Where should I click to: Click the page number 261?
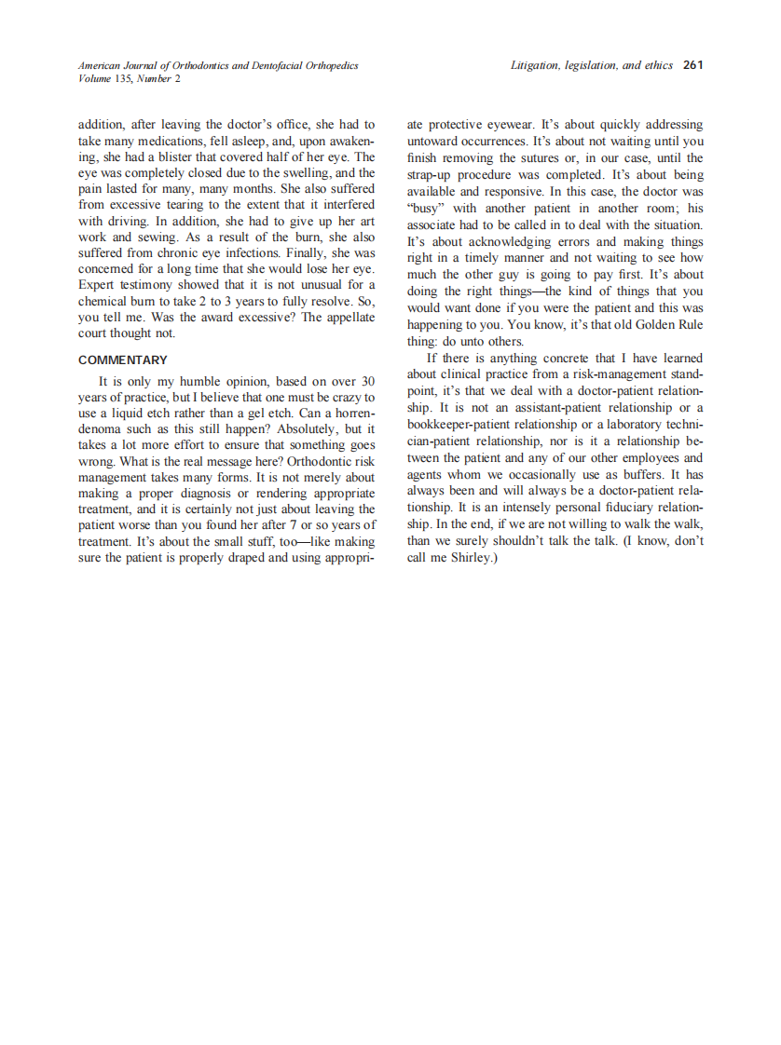(x=692, y=65)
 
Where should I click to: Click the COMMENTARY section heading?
(x=123, y=360)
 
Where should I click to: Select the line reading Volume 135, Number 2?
(x=130, y=78)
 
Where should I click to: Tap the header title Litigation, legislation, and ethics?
(x=591, y=65)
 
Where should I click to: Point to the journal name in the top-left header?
(x=218, y=65)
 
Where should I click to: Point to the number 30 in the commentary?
(x=368, y=381)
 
